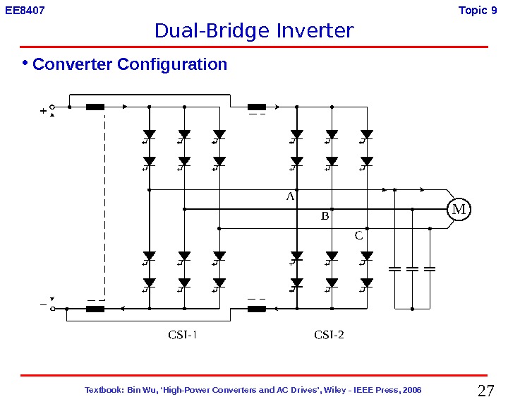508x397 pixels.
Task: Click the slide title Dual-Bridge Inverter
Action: click(254, 32)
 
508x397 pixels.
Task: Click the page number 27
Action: click(485, 391)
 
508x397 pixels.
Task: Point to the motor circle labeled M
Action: click(459, 210)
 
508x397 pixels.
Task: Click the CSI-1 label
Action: click(182, 335)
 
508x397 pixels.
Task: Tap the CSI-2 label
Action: click(329, 335)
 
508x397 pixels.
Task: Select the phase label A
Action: click(289, 198)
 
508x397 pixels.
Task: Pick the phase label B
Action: click(325, 217)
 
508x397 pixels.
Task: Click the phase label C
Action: click(358, 236)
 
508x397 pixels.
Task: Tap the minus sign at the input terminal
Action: click(43, 305)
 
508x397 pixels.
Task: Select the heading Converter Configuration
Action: click(130, 64)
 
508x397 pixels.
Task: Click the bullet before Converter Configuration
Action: click(25, 64)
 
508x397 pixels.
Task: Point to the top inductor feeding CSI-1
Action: click(95, 107)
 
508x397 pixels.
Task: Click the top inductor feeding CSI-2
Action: click(257, 107)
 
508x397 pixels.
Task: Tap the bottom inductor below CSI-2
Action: click(257, 309)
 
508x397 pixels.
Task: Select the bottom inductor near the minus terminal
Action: click(95, 309)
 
